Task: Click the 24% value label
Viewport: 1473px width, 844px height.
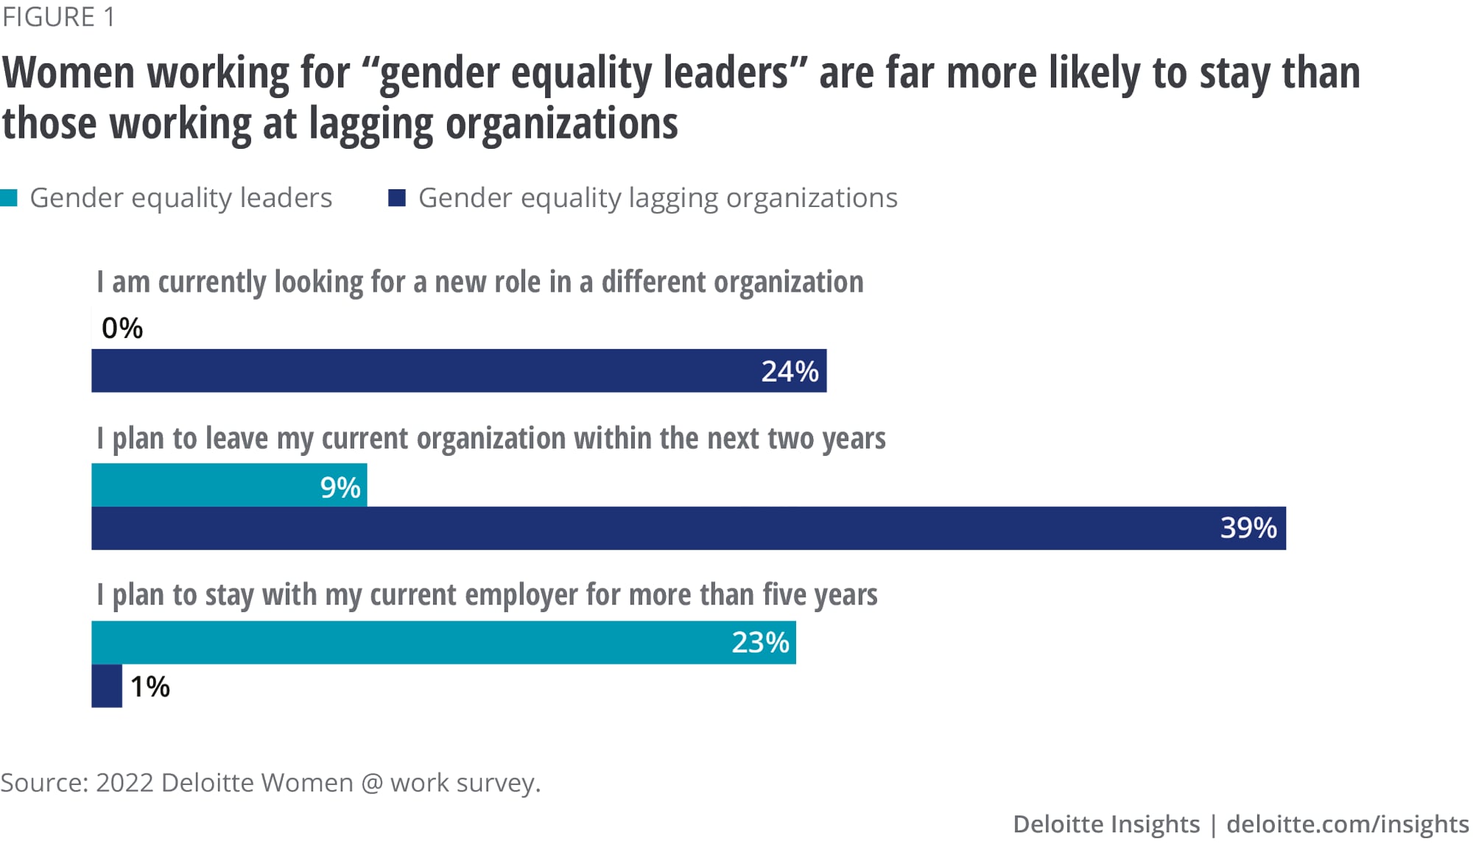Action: (790, 371)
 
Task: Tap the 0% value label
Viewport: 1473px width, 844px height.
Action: (122, 328)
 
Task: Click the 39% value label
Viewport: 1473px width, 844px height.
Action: (1248, 528)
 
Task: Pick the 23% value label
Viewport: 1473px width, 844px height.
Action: (760, 643)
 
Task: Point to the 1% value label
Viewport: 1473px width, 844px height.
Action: (150, 686)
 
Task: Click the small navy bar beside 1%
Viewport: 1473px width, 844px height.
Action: (107, 686)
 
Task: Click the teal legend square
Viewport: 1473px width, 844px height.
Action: (9, 197)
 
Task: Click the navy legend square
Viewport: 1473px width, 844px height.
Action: (397, 197)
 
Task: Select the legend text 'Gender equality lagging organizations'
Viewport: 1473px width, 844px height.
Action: (658, 198)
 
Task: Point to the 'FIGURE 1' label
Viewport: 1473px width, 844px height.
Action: (59, 17)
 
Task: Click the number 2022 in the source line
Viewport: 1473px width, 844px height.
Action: (124, 782)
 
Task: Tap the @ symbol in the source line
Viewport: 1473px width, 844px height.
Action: (372, 782)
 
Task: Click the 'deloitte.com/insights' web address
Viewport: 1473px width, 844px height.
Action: (1347, 823)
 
